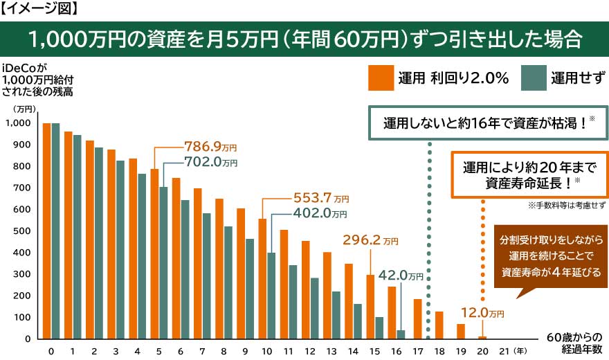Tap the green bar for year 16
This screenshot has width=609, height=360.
pos(401,334)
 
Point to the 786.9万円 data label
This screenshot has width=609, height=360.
pos(210,147)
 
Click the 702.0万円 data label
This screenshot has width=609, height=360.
pos(210,163)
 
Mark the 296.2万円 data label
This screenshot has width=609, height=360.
pos(371,241)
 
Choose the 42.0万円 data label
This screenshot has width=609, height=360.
pos(401,276)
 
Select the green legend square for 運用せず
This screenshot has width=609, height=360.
pos(532,78)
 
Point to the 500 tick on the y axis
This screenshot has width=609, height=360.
pos(21,231)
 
